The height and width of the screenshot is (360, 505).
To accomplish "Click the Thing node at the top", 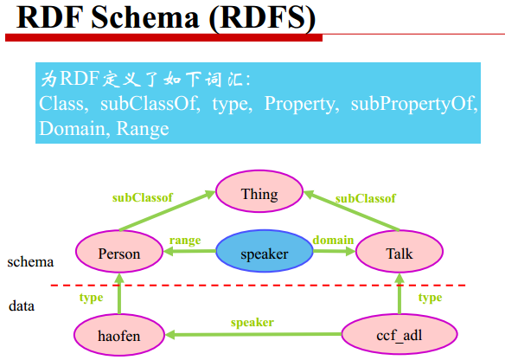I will pyautogui.click(x=259, y=194).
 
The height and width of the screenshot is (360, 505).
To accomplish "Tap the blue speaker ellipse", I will pyautogui.click(x=264, y=254).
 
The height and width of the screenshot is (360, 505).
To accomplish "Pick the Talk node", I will pyautogui.click(x=399, y=254).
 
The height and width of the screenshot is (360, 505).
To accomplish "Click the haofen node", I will pyautogui.click(x=118, y=333).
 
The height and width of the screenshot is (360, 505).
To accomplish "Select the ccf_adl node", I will pyautogui.click(x=399, y=333).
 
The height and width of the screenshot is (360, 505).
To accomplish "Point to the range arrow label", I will pyautogui.click(x=184, y=240).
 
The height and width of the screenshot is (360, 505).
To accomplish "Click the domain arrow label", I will pyautogui.click(x=333, y=240).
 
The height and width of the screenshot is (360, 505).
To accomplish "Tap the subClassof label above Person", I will pyautogui.click(x=142, y=197).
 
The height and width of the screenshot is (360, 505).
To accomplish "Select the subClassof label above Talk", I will pyautogui.click(x=365, y=197).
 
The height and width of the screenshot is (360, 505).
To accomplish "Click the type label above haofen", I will pyautogui.click(x=91, y=297).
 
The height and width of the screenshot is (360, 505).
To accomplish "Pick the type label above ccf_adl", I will pyautogui.click(x=430, y=297).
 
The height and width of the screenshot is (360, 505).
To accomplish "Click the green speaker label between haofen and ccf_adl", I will pyautogui.click(x=252, y=322).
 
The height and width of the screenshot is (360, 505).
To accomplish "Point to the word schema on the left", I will pyautogui.click(x=30, y=261).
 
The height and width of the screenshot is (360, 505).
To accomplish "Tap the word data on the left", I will pyautogui.click(x=22, y=305).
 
